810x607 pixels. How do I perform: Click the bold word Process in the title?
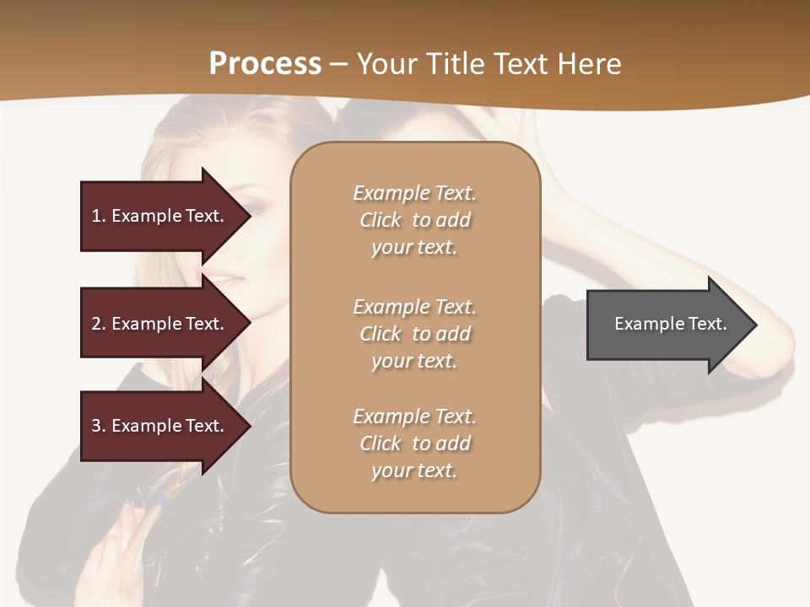point(265,63)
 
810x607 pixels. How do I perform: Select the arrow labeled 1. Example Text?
point(160,216)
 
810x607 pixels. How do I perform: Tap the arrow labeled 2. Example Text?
point(160,324)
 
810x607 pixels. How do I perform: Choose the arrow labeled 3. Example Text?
point(160,426)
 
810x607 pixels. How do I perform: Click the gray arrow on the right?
point(667,325)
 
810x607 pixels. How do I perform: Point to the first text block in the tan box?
point(414,220)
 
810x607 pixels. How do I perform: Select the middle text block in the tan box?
point(414,334)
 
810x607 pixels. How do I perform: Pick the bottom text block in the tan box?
point(414,443)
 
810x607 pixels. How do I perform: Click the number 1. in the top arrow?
point(99,216)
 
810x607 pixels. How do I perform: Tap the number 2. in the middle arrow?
point(99,324)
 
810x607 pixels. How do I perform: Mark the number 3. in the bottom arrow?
point(99,426)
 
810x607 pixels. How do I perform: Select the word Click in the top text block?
point(381,220)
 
